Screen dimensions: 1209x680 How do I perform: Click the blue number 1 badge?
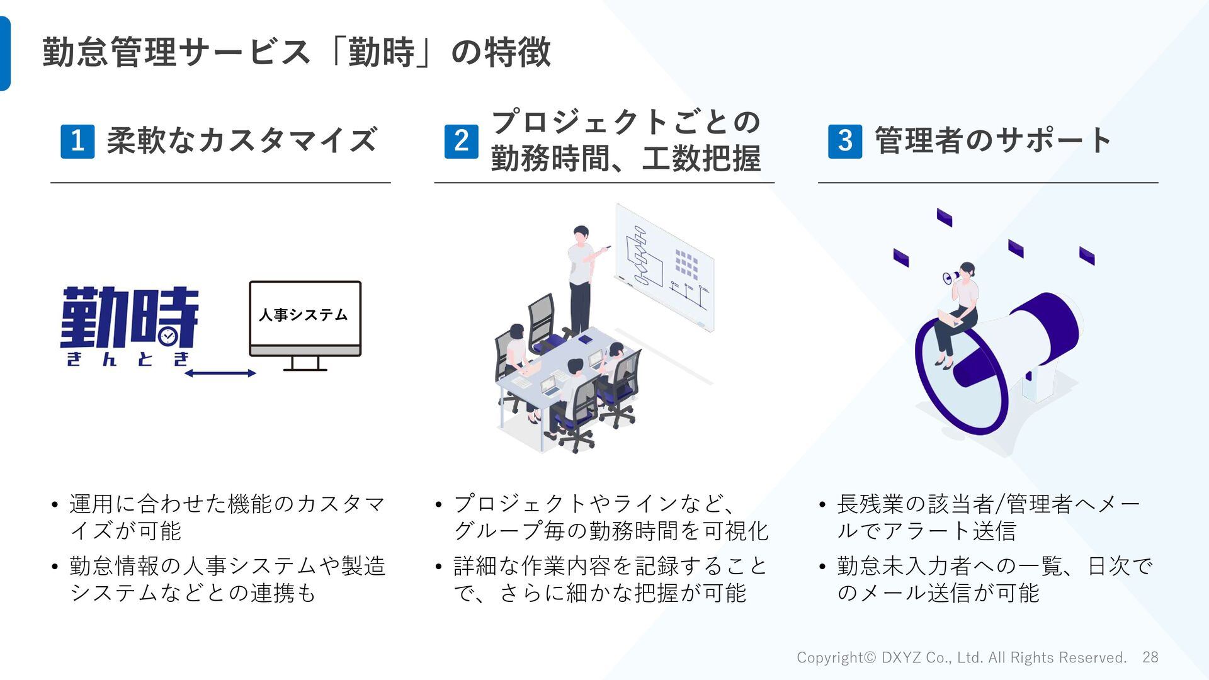(77, 141)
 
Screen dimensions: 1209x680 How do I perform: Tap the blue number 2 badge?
(461, 141)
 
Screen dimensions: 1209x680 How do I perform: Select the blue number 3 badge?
(845, 141)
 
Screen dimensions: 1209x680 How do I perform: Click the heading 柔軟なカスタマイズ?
(242, 140)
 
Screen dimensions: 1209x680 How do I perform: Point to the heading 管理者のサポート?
(993, 140)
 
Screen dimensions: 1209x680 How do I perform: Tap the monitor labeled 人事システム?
(305, 321)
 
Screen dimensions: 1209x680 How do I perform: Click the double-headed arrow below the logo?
(220, 373)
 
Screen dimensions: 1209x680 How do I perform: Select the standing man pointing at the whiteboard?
(582, 277)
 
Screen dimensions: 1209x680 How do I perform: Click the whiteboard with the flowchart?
(665, 268)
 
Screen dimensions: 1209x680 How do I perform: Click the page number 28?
(1150, 657)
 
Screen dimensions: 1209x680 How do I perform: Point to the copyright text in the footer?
(961, 657)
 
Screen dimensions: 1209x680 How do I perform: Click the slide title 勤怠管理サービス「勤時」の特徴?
(297, 52)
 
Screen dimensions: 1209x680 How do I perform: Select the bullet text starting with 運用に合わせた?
(227, 517)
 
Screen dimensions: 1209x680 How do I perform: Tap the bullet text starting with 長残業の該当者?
(988, 517)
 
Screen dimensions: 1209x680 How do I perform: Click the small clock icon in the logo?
(167, 336)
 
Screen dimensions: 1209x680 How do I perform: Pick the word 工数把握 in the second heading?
(701, 159)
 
